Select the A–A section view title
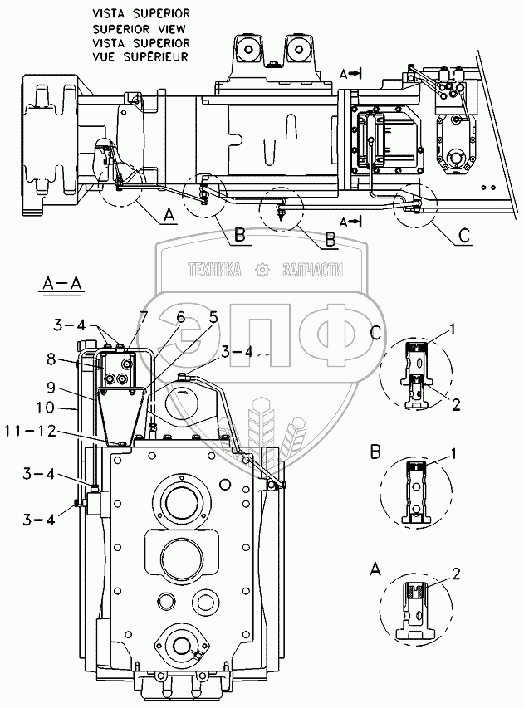tap(61, 285)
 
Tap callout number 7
tap(144, 315)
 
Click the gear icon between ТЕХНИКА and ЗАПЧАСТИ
tap(262, 270)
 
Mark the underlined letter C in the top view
tap(464, 235)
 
